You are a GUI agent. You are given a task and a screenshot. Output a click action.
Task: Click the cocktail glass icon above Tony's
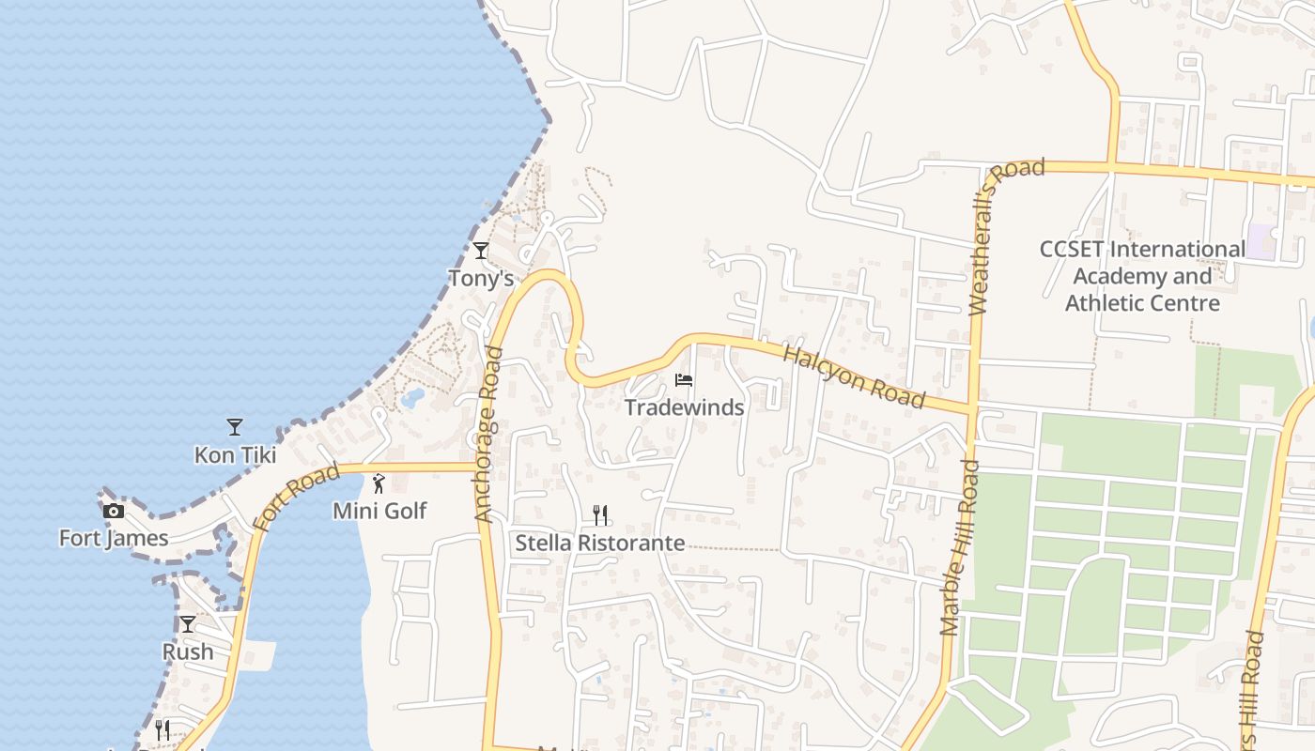click(481, 251)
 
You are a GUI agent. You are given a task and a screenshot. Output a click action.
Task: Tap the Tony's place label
click(481, 279)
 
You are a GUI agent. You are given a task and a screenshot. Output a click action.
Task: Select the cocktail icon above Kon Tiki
click(235, 427)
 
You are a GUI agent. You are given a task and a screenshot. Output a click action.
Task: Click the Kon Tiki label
click(235, 455)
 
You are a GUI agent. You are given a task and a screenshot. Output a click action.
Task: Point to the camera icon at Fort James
click(114, 511)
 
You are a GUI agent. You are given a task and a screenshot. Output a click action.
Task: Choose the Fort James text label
click(114, 539)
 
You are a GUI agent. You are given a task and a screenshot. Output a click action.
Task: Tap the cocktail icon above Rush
click(188, 624)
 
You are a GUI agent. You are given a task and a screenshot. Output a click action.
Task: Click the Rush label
click(188, 651)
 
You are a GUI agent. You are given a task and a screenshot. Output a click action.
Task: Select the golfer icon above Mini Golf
click(379, 483)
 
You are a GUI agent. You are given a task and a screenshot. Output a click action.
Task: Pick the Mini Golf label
click(379, 512)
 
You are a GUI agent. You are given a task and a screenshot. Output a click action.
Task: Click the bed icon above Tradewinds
click(684, 380)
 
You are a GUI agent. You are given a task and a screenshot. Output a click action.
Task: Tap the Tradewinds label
click(685, 407)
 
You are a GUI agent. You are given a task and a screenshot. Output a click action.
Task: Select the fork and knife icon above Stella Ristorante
click(600, 514)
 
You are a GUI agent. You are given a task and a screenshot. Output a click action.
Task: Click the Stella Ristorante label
click(600, 544)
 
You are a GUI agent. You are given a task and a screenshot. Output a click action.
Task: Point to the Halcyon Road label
click(854, 377)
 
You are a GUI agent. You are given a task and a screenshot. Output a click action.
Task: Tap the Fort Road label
click(295, 498)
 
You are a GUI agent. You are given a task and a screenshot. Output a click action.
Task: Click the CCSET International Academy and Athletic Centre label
click(1142, 276)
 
